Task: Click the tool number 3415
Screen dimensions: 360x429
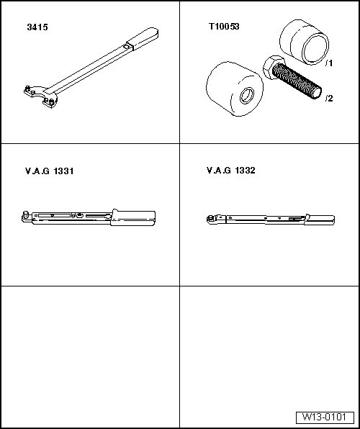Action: [37, 27]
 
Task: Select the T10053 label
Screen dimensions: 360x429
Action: [224, 26]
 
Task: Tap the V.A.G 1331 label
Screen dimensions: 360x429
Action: [49, 171]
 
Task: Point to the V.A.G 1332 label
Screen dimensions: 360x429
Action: [231, 171]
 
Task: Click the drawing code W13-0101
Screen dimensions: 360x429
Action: [325, 417]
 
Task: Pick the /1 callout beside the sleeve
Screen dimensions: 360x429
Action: [329, 63]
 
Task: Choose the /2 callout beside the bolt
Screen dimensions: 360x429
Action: [329, 98]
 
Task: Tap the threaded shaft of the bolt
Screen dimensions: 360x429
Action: [297, 81]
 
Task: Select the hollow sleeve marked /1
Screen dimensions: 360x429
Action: [304, 42]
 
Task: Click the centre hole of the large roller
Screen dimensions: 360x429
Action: [247, 96]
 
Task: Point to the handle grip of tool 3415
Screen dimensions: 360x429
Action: [143, 38]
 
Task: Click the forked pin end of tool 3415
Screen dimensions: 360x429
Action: [41, 96]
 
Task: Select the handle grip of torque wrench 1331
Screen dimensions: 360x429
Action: [133, 218]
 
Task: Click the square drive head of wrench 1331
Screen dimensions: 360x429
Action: [26, 216]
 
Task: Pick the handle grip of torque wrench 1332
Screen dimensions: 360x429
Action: [320, 220]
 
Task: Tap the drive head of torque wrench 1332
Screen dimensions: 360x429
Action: [212, 220]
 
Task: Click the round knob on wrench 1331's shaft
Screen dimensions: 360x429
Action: [80, 215]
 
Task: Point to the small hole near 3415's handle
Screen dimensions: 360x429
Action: [126, 47]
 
